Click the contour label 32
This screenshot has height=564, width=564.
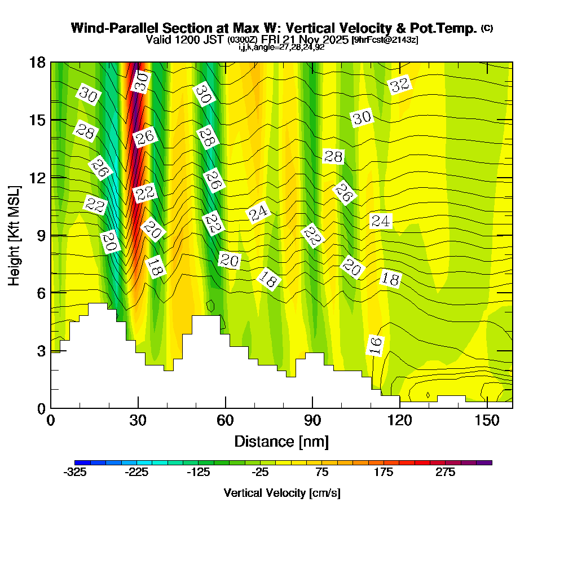click(x=399, y=85)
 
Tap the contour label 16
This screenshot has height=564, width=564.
click(x=375, y=345)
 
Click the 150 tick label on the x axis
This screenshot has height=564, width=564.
click(x=487, y=421)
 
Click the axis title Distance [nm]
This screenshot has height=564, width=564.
click(x=281, y=440)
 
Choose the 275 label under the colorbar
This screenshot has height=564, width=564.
click(x=446, y=473)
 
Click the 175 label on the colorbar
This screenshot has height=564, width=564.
click(x=384, y=473)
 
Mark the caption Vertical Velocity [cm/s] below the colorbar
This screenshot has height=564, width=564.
click(x=282, y=493)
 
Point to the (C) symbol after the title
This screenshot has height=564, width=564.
click(x=487, y=28)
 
